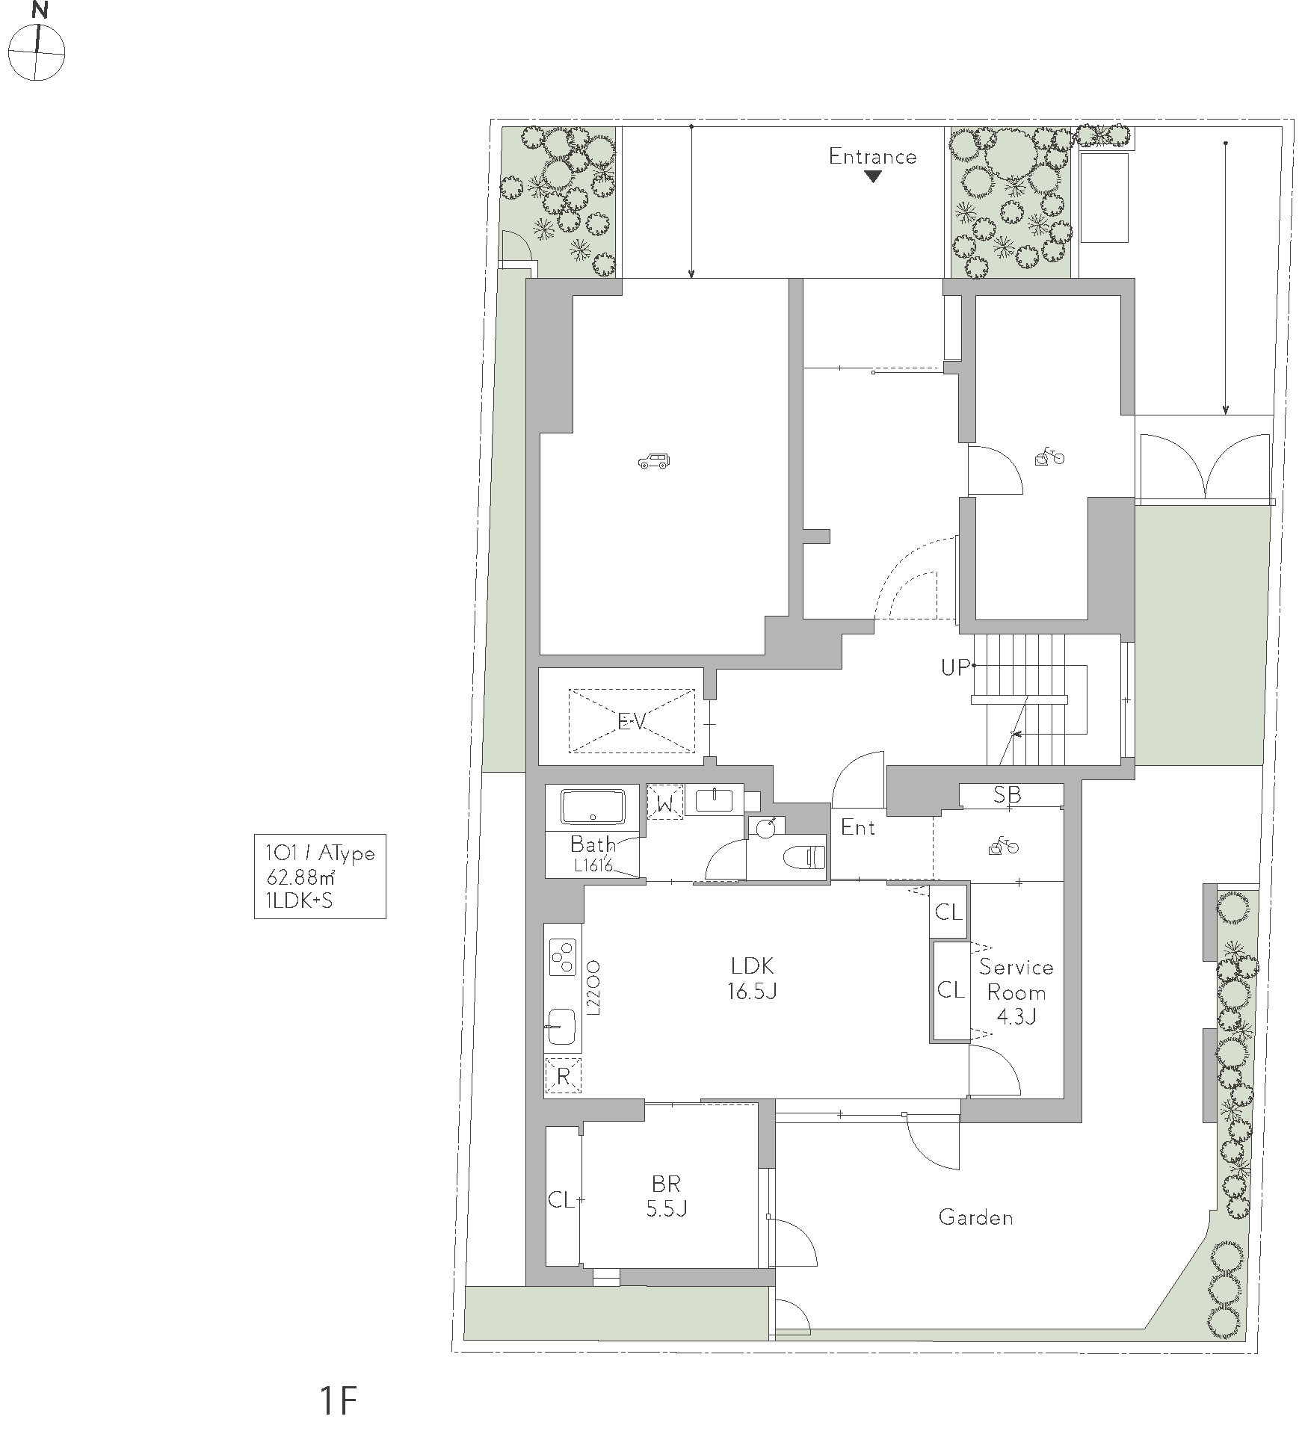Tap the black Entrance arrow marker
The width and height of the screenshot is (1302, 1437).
872,177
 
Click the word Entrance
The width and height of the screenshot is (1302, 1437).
872,156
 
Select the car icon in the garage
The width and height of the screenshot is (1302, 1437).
654,461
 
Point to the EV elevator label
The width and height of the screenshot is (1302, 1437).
632,721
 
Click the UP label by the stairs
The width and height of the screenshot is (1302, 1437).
955,667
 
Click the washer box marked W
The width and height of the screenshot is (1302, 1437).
665,802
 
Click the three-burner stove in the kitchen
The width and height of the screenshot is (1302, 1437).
563,957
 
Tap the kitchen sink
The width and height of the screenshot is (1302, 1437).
561,1027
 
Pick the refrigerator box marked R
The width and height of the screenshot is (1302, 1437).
564,1077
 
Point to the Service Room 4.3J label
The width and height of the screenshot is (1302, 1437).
1016,992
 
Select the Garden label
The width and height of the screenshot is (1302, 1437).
975,1218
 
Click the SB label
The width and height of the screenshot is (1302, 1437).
1007,795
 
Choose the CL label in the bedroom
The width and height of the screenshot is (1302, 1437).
562,1200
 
